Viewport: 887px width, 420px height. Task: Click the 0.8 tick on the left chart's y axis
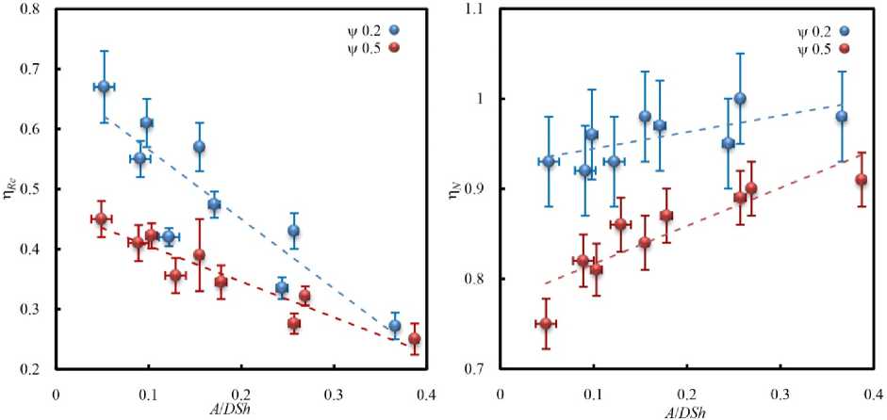tap(41, 10)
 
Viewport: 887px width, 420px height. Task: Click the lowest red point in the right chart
tap(545, 324)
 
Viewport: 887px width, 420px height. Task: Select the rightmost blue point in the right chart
tap(842, 117)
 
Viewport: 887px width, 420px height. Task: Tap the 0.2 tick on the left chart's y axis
tap(41, 370)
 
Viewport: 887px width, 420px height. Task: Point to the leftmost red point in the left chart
tap(101, 218)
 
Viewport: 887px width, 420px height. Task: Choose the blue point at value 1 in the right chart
tap(740, 98)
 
